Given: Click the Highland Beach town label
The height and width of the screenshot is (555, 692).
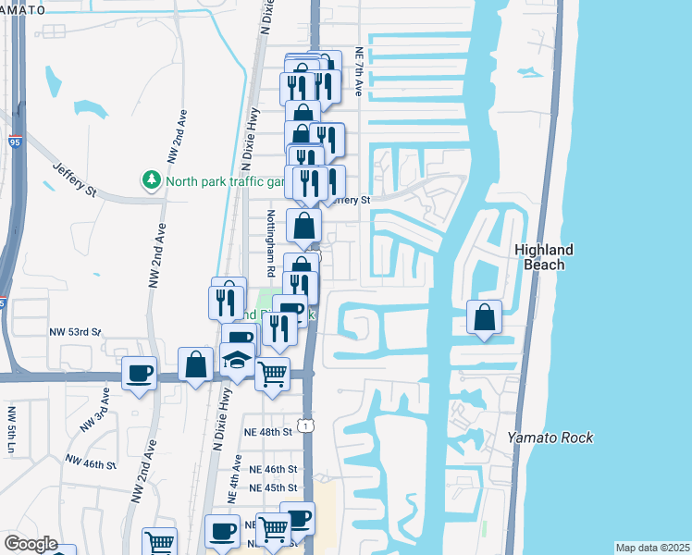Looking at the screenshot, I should click(x=544, y=257).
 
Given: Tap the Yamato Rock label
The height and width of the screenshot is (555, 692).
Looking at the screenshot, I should click(x=550, y=438).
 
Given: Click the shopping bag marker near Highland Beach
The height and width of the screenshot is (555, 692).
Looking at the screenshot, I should click(x=484, y=317).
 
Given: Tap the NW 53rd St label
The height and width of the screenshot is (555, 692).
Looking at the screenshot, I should click(x=75, y=332).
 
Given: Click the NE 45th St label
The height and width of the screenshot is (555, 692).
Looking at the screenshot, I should click(x=270, y=487).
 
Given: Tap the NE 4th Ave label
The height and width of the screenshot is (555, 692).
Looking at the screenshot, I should click(x=238, y=476).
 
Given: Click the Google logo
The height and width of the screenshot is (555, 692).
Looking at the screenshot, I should click(x=30, y=544).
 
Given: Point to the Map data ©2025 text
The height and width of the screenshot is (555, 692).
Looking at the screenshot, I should click(x=651, y=548).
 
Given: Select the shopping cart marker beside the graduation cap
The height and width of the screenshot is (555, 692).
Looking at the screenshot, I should click(x=272, y=374).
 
